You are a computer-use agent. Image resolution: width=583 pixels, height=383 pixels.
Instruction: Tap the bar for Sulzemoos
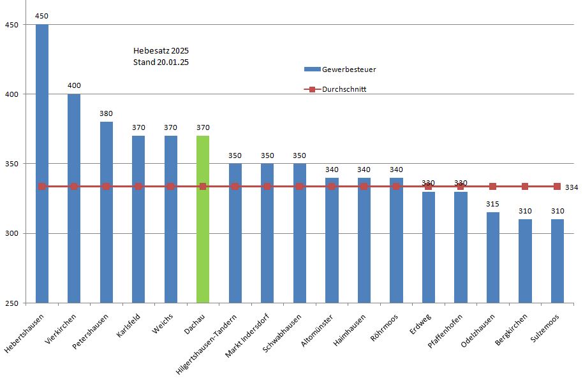tap(557, 261)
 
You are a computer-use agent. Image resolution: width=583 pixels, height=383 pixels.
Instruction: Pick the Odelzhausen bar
tap(493, 257)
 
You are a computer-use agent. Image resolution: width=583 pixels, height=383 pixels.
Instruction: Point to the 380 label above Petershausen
tap(107, 113)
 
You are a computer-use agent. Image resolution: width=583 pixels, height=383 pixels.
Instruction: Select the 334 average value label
tap(572, 187)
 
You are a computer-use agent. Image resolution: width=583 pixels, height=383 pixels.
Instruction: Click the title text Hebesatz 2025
tap(161, 50)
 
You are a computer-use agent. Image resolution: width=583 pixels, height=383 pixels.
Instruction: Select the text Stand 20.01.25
tap(161, 62)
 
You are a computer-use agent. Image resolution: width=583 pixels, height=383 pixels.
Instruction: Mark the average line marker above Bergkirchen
tap(525, 187)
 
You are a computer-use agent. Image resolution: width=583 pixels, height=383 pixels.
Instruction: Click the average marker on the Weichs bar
tap(170, 187)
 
